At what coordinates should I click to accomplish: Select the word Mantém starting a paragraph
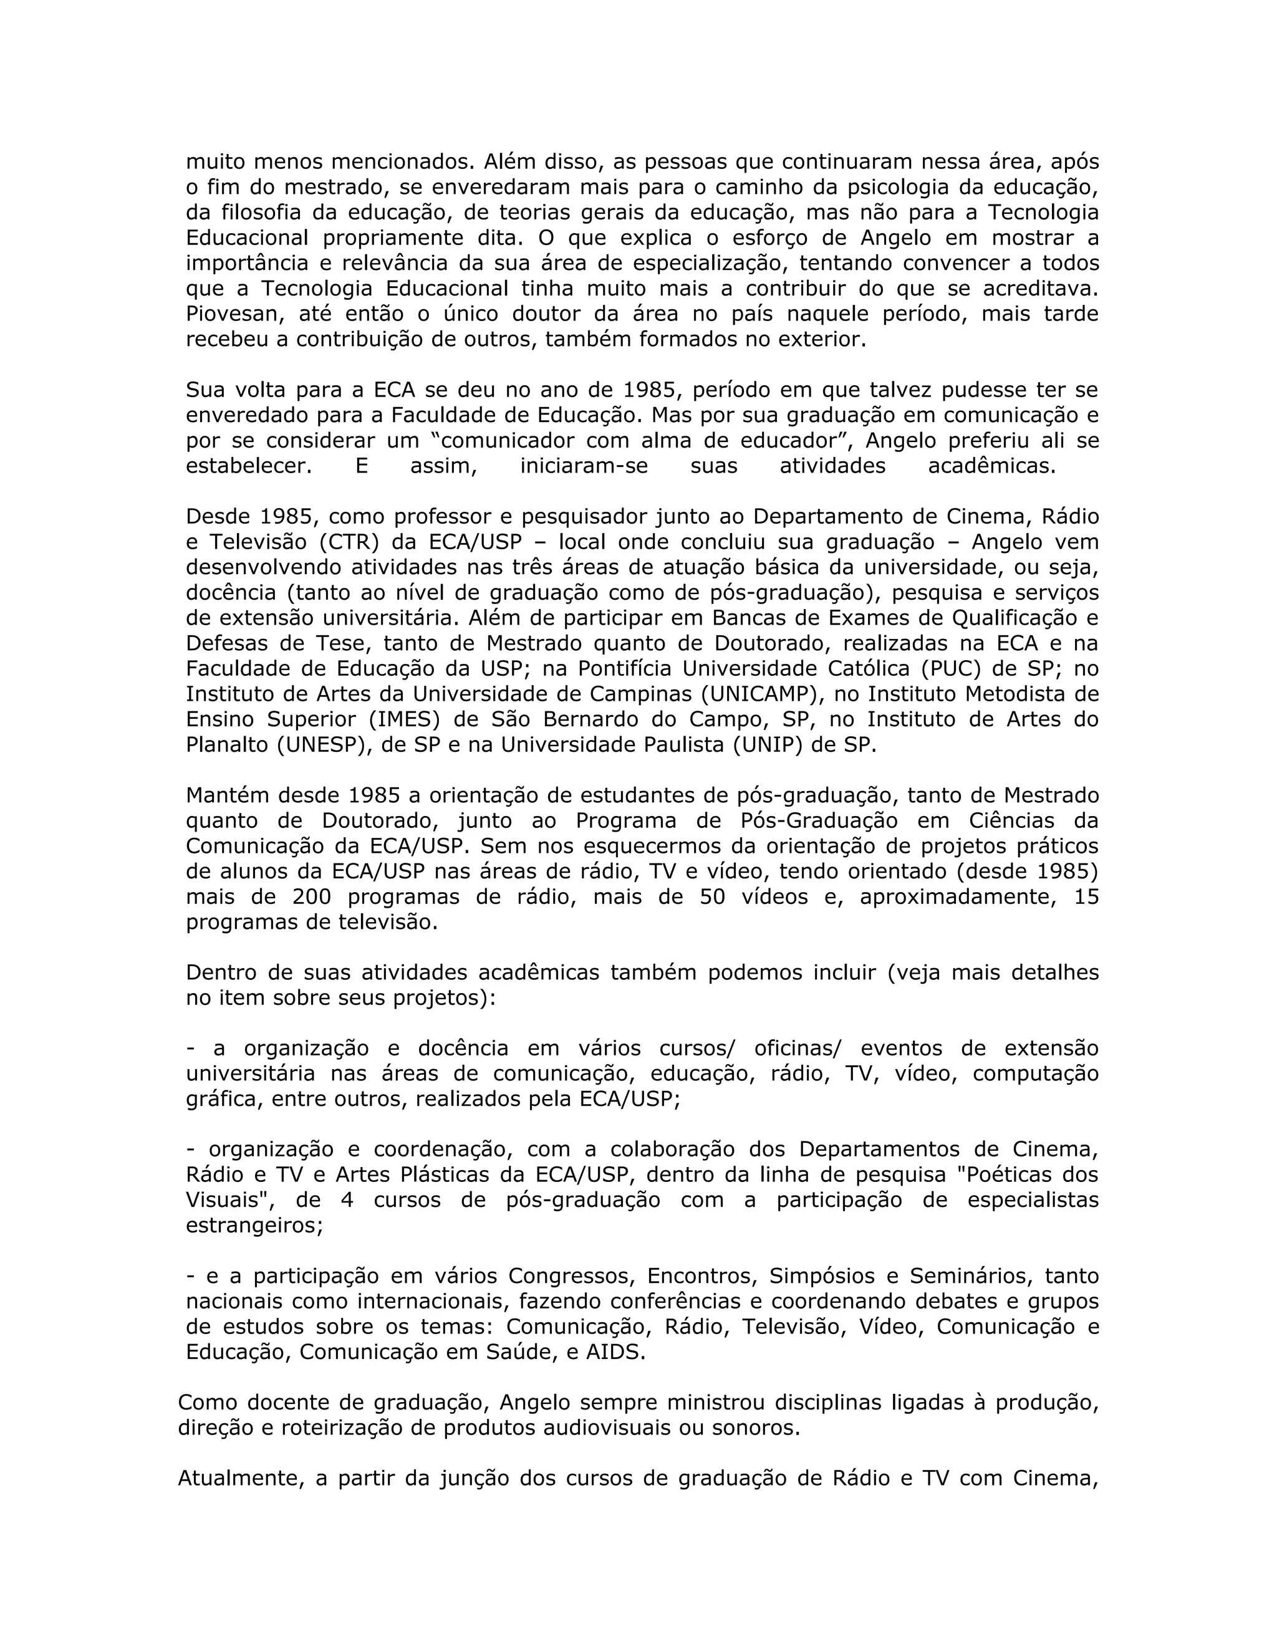(228, 795)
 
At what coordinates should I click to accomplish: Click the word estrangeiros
(254, 1226)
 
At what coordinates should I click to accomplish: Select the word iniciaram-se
(584, 466)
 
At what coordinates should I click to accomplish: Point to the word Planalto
(227, 745)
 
